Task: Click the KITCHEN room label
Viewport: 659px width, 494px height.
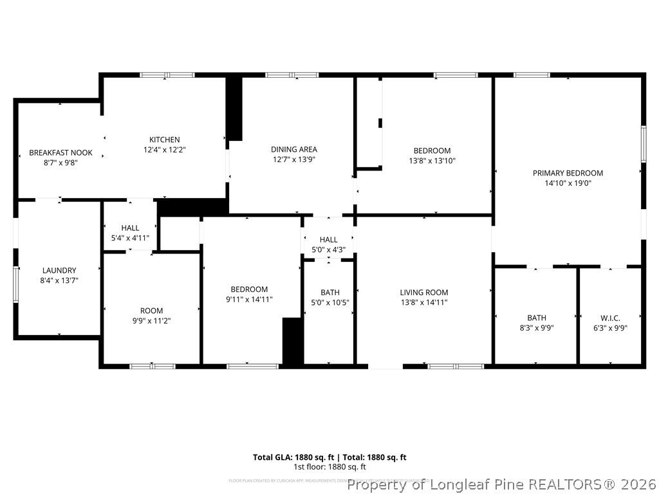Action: coord(164,140)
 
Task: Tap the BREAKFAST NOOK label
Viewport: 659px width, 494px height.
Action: coord(60,152)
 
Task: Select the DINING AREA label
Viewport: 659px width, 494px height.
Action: coord(293,149)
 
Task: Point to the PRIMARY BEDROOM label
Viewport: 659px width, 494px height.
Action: coord(568,173)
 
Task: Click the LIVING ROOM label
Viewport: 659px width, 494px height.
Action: coord(423,292)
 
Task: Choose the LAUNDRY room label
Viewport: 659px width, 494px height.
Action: coord(59,270)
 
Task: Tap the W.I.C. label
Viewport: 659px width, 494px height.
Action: coord(609,318)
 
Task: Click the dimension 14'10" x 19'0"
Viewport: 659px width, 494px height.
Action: coord(568,183)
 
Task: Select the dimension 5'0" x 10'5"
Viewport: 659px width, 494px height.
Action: coord(330,302)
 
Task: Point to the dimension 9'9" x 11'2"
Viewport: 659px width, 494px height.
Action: coord(152,320)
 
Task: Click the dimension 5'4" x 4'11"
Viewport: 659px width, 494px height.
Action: coord(130,237)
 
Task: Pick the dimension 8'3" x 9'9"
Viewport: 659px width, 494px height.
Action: coord(536,327)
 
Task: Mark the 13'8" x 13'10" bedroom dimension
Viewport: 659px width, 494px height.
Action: coord(432,161)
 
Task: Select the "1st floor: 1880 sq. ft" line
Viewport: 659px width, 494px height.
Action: coord(329,467)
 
